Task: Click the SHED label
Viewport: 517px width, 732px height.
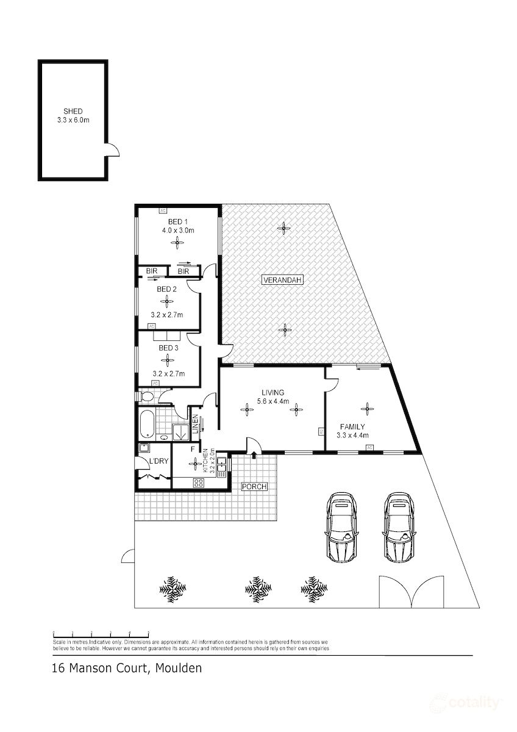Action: [73, 112]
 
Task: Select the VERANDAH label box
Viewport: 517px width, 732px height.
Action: [282, 281]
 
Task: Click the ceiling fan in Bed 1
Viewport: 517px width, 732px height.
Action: [176, 243]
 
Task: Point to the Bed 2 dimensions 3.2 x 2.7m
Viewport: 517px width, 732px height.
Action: [167, 315]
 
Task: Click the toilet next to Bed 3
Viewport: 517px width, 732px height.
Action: [146, 396]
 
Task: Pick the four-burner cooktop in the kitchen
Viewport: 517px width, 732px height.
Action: [198, 483]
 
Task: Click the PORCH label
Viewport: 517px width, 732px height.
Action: [253, 487]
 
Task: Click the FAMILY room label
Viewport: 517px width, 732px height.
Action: [352, 427]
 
